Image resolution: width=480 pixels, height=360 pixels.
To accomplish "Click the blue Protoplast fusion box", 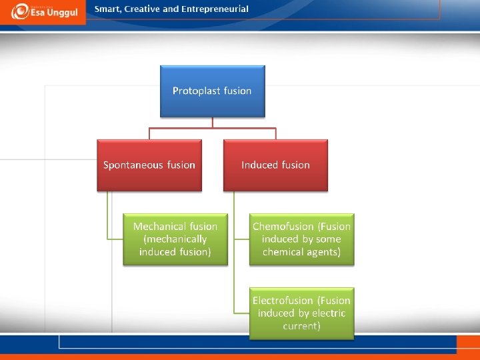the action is [x=212, y=91].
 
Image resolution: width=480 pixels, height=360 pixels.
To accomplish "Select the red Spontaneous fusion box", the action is [x=149, y=165].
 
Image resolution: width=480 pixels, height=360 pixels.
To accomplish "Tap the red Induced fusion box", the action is [x=275, y=165].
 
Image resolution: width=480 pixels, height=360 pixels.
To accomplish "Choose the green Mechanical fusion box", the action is [x=175, y=239].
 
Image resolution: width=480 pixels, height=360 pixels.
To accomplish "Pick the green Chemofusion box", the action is [x=301, y=239].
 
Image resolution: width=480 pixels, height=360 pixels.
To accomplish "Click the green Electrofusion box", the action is [x=301, y=313].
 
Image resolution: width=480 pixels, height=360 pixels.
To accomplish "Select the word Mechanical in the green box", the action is [x=160, y=227].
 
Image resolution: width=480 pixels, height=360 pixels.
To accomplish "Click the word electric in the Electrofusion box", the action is [x=329, y=313].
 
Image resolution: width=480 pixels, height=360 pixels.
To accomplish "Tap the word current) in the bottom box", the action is [x=301, y=326].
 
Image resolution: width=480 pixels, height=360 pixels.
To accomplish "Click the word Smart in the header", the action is [x=107, y=9].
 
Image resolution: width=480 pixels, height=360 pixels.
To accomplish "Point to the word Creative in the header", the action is [x=143, y=9].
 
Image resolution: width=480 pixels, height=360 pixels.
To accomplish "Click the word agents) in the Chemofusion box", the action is [x=326, y=252].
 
